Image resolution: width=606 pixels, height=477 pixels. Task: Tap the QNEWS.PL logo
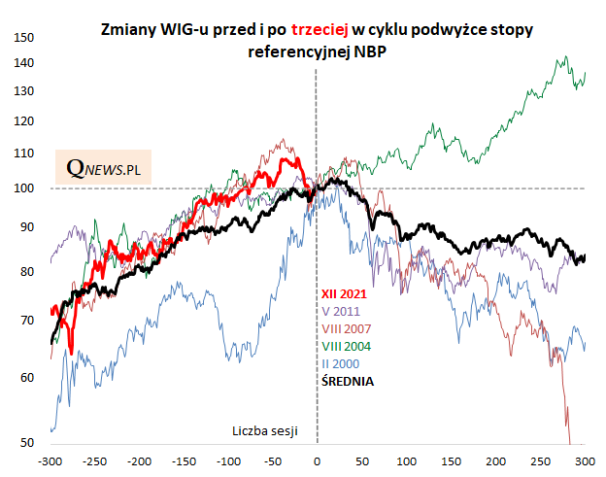pyautogui.click(x=104, y=168)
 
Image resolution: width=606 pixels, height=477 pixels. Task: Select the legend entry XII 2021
pyautogui.click(x=344, y=294)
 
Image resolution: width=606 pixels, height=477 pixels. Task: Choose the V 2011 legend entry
pyautogui.click(x=341, y=311)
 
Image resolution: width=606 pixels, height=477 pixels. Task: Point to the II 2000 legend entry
pyautogui.click(x=340, y=363)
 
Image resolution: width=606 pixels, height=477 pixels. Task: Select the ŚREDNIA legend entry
pyautogui.click(x=348, y=381)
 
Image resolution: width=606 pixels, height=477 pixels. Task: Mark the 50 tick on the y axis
pyautogui.click(x=28, y=444)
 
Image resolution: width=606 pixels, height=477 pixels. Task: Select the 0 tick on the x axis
pyautogui.click(x=317, y=461)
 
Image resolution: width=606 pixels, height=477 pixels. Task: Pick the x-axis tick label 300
pyautogui.click(x=584, y=461)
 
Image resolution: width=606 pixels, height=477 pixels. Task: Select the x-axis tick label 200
pyautogui.click(x=494, y=461)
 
